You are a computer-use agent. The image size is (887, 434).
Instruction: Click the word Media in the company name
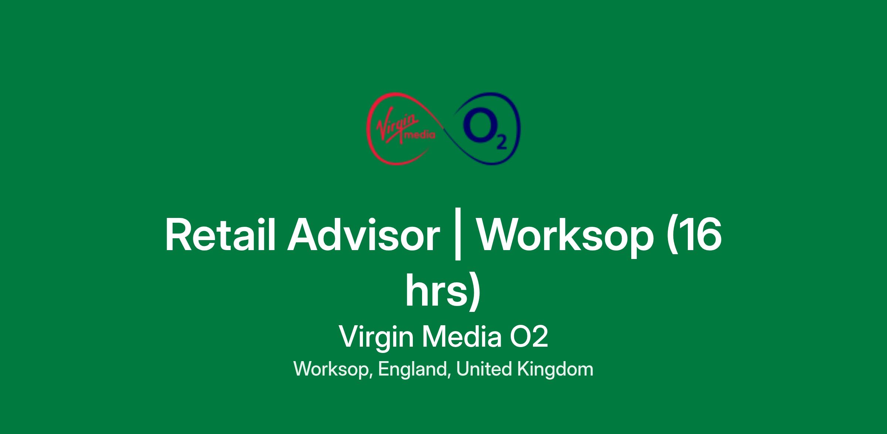462,337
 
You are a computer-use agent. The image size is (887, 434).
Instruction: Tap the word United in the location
484,369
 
